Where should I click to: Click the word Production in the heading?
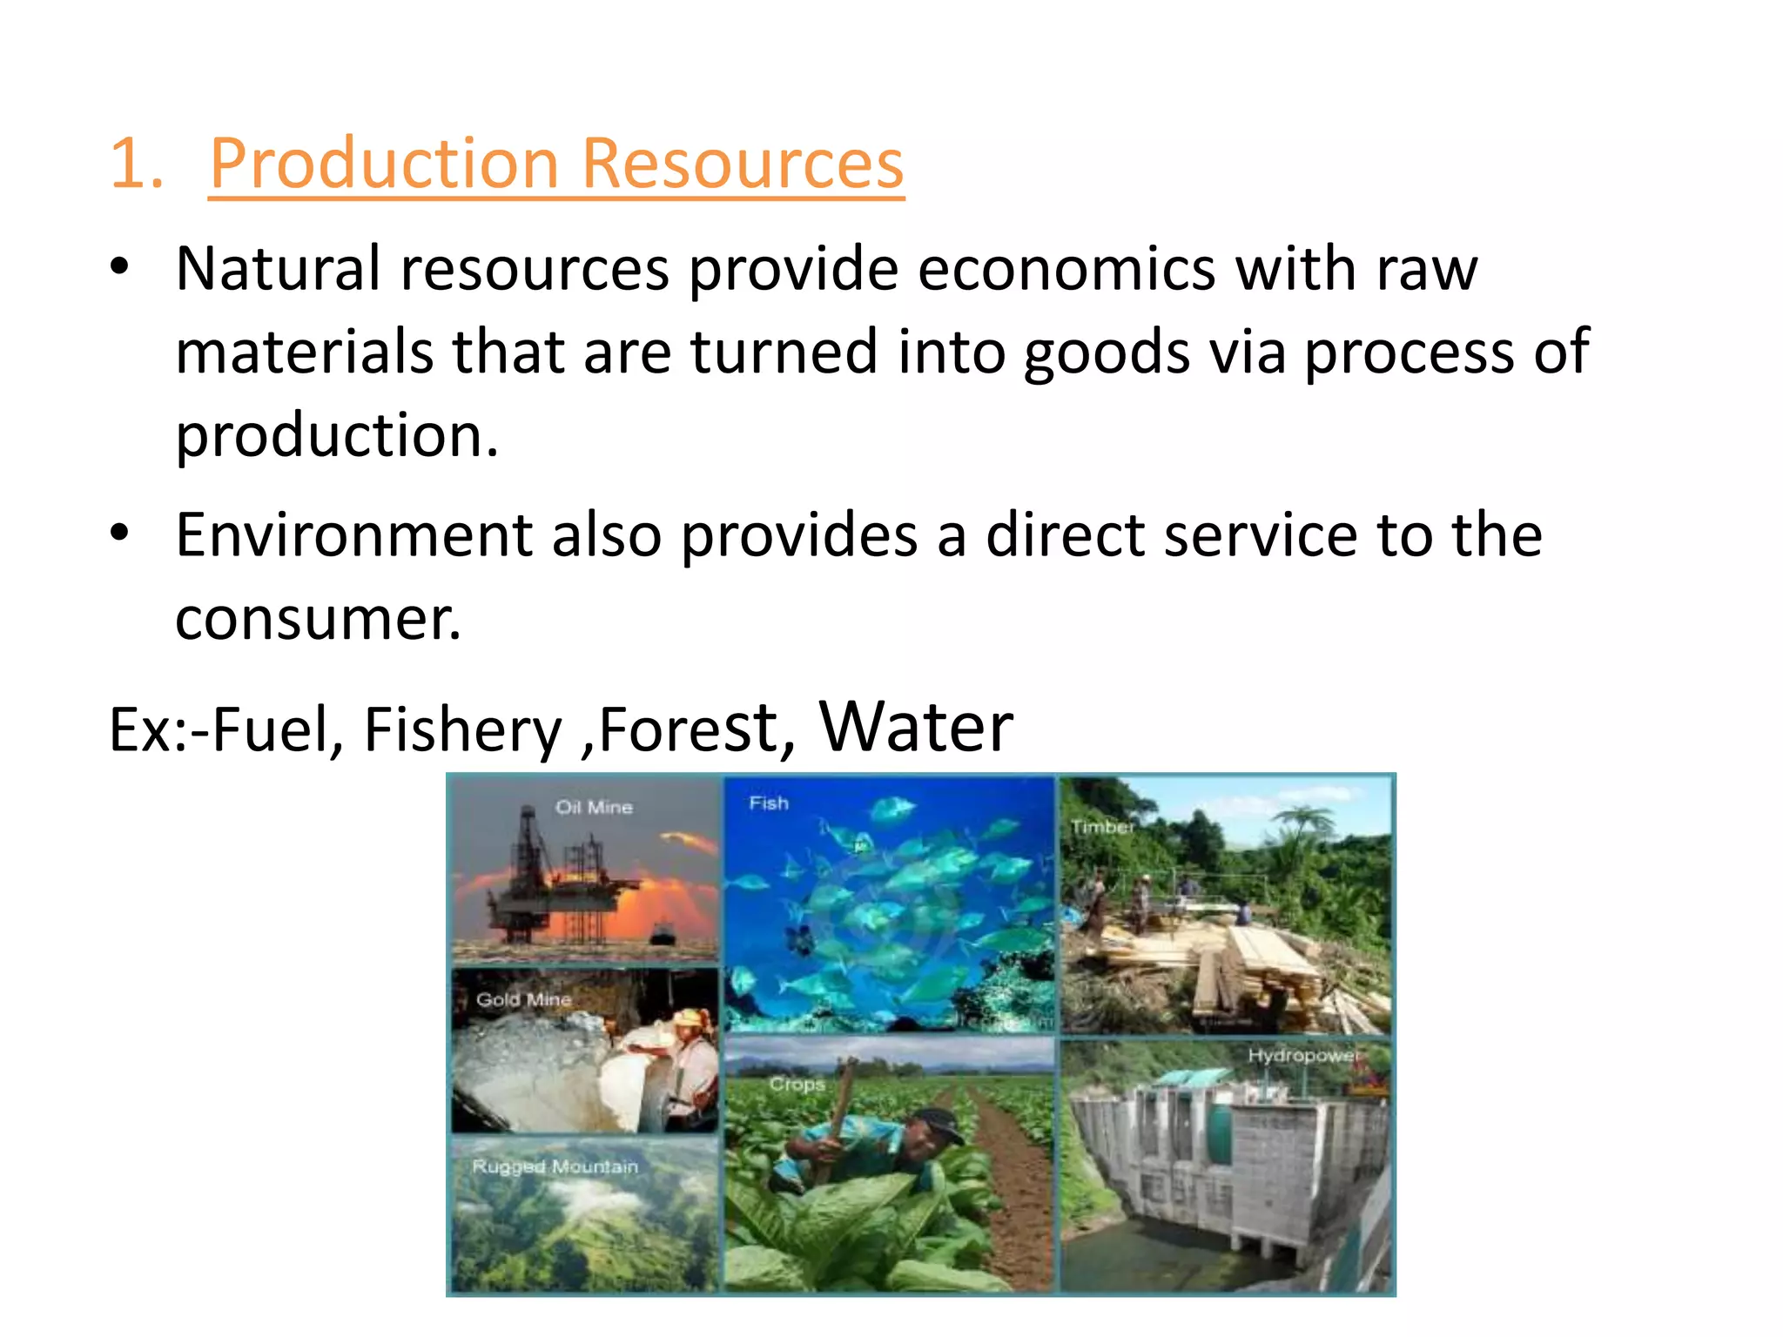384,164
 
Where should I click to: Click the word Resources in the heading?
743,164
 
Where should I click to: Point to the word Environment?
353,534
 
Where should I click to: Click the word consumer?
318,619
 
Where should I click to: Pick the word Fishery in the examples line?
462,729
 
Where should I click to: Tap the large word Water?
916,727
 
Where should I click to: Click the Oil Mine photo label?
594,808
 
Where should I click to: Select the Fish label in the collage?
769,803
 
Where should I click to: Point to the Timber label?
1102,827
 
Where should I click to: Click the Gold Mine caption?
523,1000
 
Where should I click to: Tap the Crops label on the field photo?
797,1085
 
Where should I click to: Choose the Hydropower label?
1302,1056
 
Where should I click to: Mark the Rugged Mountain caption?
555,1166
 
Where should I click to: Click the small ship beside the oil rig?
662,936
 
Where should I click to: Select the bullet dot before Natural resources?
120,266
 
